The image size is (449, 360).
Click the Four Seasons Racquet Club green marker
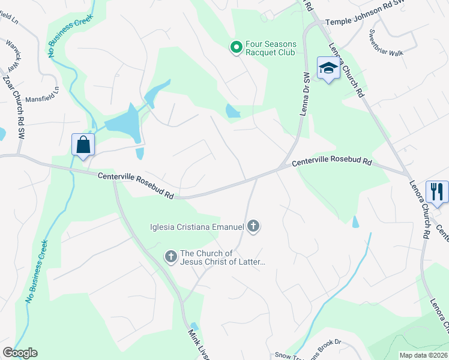(x=237, y=46)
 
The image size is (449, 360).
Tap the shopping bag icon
(x=82, y=145)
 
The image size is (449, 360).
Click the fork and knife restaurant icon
(x=436, y=191)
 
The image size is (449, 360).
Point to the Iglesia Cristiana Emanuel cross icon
(x=253, y=226)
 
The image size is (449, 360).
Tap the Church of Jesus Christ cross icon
(x=171, y=257)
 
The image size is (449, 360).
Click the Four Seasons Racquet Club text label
(x=270, y=49)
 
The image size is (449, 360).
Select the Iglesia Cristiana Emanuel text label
(x=197, y=226)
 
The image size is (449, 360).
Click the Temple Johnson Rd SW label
(x=365, y=22)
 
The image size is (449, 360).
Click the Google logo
(x=20, y=353)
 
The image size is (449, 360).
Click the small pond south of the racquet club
(x=232, y=111)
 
